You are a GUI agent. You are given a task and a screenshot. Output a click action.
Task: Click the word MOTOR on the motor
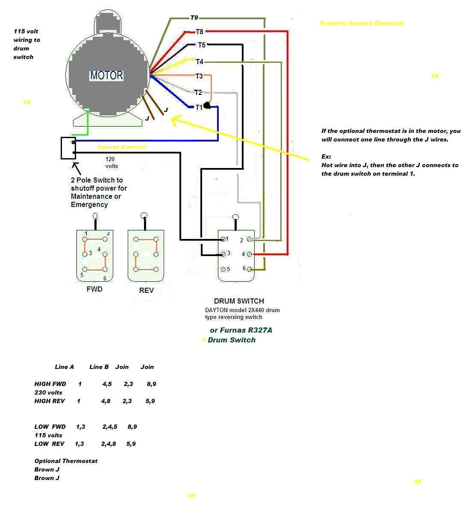point(106,76)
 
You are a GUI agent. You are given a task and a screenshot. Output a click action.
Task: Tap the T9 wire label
point(194,18)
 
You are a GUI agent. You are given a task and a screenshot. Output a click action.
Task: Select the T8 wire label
point(200,32)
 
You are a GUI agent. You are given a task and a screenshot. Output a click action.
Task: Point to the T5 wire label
point(201,45)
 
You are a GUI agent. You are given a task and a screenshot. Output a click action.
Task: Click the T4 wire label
point(200,62)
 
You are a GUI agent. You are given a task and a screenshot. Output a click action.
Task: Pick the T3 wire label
point(199,76)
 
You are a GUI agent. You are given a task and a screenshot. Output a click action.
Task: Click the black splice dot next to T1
point(207,106)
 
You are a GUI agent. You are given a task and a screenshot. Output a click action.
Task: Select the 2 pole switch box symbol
point(68,148)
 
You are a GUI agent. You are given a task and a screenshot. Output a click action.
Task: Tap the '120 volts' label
point(112,162)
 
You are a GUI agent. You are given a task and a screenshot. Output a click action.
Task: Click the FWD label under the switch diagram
point(94,289)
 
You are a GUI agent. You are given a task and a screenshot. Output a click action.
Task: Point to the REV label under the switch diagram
point(146,290)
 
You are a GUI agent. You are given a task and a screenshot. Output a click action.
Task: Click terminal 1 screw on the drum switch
point(222,239)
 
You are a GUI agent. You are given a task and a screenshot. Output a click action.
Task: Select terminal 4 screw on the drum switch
point(249,254)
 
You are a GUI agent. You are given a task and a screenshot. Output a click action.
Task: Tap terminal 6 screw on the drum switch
point(249,269)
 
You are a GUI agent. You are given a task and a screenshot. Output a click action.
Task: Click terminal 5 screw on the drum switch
point(222,269)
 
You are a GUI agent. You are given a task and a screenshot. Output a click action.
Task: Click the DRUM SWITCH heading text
point(239,301)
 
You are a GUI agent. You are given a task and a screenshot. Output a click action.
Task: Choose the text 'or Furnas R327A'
point(241,330)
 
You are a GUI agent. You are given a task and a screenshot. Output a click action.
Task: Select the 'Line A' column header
point(65,367)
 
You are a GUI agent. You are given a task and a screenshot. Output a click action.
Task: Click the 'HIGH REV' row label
point(50,401)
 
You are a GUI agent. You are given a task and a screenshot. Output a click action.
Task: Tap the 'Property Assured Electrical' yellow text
point(361,23)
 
